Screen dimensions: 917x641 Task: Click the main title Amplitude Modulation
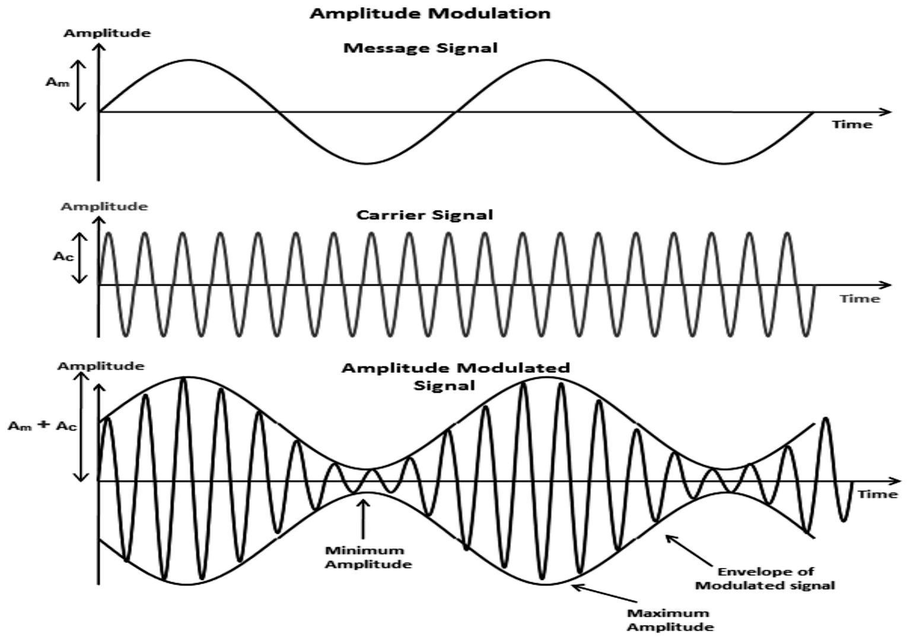coord(430,14)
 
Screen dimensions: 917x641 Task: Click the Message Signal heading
coord(421,48)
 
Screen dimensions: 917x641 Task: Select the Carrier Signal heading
coord(425,215)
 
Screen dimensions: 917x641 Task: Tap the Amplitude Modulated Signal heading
coord(455,376)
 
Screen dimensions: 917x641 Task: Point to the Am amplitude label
coord(58,82)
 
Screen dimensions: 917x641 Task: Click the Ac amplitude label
coord(64,256)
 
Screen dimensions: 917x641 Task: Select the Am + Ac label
coord(43,426)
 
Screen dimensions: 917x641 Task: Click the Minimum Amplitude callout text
coord(368,557)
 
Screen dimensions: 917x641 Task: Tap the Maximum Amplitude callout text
coord(671,620)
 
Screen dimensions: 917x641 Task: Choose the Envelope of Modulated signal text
coord(765,578)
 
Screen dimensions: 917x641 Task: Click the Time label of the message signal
coord(852,124)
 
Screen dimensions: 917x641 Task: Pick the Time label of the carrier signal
coord(859,299)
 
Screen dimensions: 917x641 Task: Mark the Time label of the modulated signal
coord(878,494)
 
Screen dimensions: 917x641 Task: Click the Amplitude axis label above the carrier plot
coord(104,206)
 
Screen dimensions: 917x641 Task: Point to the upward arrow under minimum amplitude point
coord(362,519)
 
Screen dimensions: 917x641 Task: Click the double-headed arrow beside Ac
coord(79,258)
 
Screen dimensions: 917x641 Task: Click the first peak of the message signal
coord(189,60)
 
